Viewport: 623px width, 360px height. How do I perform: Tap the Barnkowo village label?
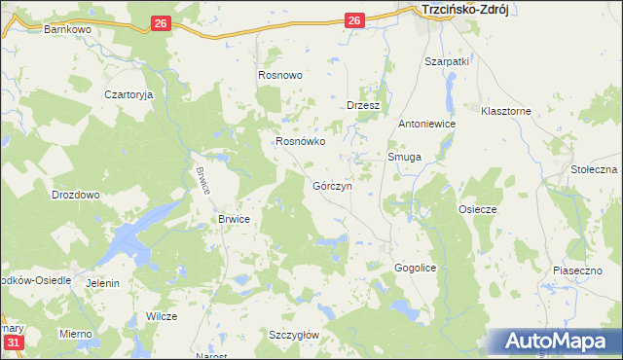coord(67,30)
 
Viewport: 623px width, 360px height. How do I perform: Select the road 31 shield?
coord(13,343)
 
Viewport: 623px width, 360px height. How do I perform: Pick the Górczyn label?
coord(332,186)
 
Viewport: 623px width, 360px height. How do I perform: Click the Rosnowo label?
coord(280,75)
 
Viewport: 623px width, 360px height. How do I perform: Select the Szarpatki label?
coord(447,61)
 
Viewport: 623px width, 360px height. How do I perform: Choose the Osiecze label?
coord(478,209)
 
